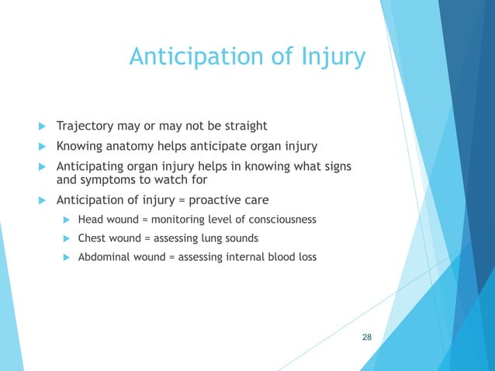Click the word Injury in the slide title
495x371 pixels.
coord(331,57)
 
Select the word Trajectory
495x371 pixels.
coord(85,126)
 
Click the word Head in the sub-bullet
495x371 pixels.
coord(91,220)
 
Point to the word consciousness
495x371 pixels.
coord(280,220)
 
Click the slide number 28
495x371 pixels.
coord(367,337)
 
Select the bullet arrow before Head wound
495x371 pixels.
coord(67,220)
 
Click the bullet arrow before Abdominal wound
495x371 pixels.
coord(67,256)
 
